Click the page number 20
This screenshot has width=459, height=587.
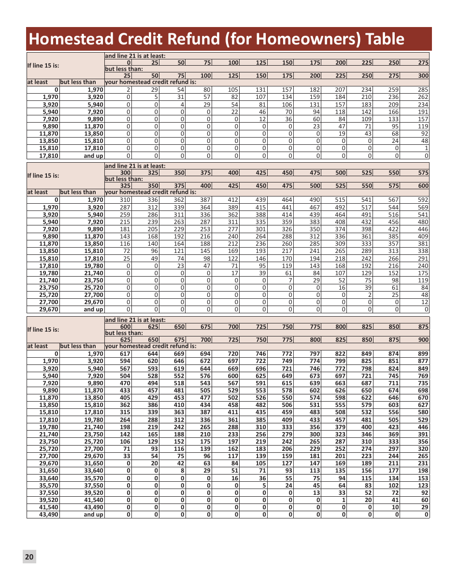[29, 557]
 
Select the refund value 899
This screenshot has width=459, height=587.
[423, 354]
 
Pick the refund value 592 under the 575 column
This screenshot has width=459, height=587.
[423, 200]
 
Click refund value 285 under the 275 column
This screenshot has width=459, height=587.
[423, 89]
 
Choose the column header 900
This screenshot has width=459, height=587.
[424, 340]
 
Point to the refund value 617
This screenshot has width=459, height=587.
[125, 354]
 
